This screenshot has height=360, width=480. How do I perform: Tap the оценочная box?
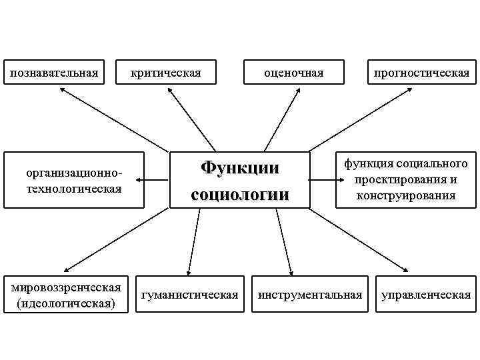(x=294, y=71)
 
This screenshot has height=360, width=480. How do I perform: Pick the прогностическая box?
(x=421, y=71)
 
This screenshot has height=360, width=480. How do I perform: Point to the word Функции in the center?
(x=239, y=167)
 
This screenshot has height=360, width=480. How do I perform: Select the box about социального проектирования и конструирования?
(x=405, y=179)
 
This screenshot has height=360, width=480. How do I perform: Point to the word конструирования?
(x=405, y=195)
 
